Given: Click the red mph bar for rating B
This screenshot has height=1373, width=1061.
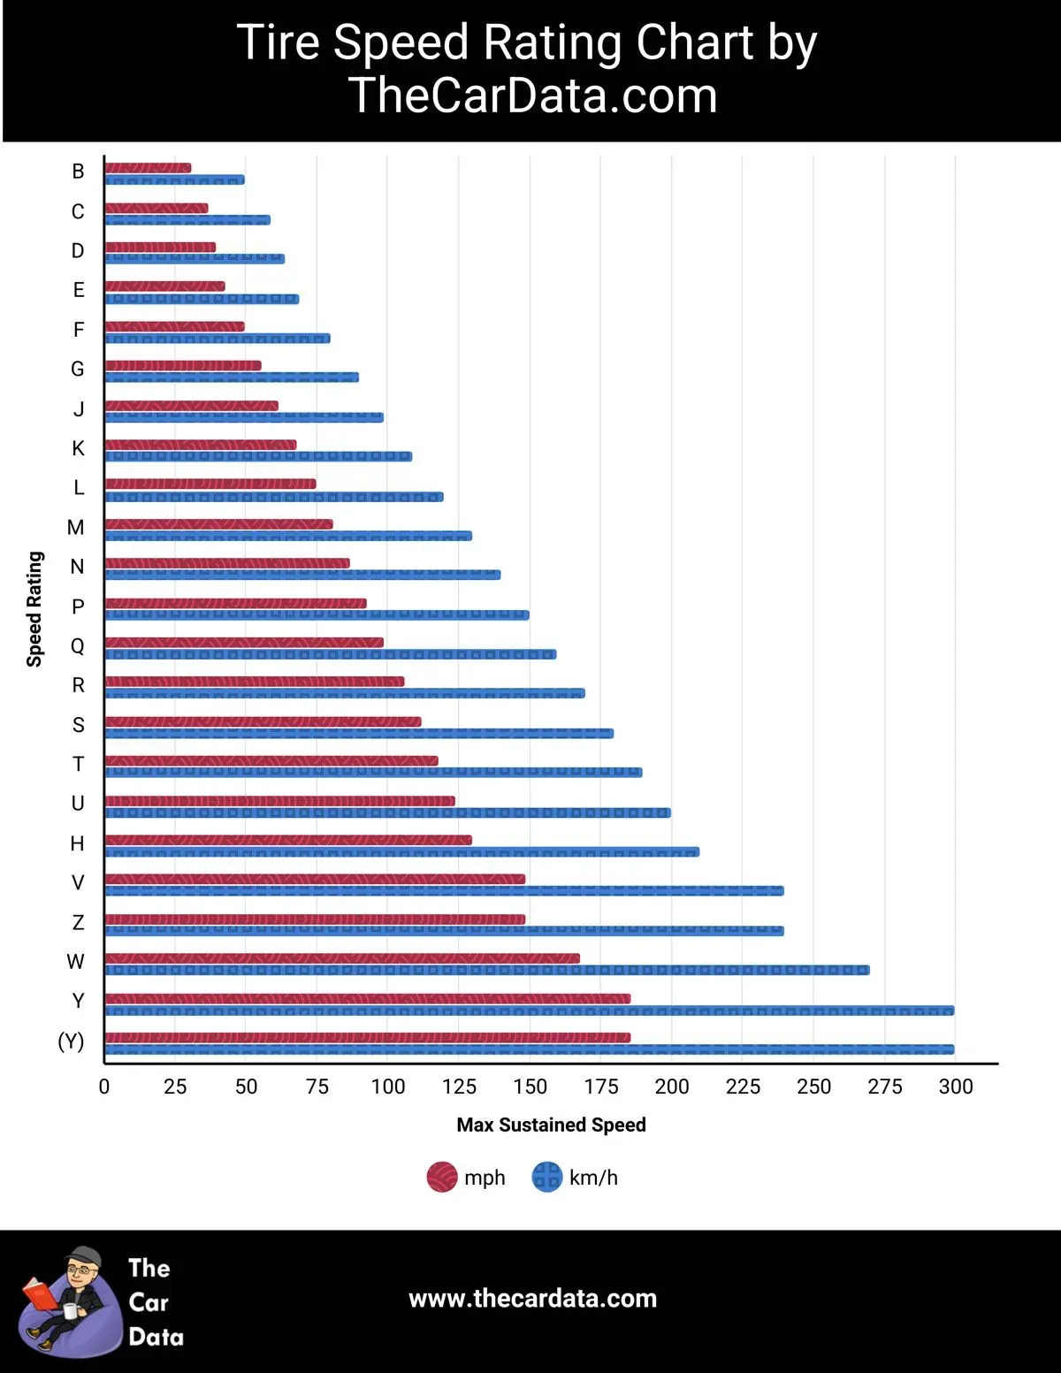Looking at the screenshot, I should point(148,168).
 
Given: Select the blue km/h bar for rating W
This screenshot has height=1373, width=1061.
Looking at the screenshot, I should point(486,970).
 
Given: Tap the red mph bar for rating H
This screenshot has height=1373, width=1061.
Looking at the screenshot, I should point(288,840).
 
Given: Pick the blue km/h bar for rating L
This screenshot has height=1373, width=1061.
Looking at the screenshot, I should point(274,497).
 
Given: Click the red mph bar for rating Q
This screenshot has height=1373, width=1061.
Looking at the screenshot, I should point(244,642).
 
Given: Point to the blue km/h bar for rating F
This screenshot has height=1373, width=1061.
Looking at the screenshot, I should point(218,339).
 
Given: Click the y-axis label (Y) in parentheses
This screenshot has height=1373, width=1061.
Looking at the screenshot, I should point(71,1041).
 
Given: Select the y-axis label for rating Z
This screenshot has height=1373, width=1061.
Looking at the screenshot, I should point(78,923).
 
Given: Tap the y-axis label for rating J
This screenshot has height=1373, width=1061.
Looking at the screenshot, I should point(79,409).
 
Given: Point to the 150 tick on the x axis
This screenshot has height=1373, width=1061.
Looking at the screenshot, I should point(530,1087).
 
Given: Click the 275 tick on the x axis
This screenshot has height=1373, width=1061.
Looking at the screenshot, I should point(884,1087).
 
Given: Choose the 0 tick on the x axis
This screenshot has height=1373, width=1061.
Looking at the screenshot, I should point(104,1087).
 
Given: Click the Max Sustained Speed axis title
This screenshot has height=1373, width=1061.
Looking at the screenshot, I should point(551,1125).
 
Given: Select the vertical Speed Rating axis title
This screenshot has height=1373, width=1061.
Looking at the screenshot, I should point(34,608).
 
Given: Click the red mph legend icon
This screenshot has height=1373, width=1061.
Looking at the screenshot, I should point(442,1178).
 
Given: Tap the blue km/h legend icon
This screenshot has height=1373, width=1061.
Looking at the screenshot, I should point(546,1178).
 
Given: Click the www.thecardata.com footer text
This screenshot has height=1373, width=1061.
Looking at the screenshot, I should point(532,1298).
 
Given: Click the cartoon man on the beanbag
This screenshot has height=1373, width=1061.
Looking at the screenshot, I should point(71,1300).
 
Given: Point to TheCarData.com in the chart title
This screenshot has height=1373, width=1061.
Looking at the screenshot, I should point(532,95).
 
